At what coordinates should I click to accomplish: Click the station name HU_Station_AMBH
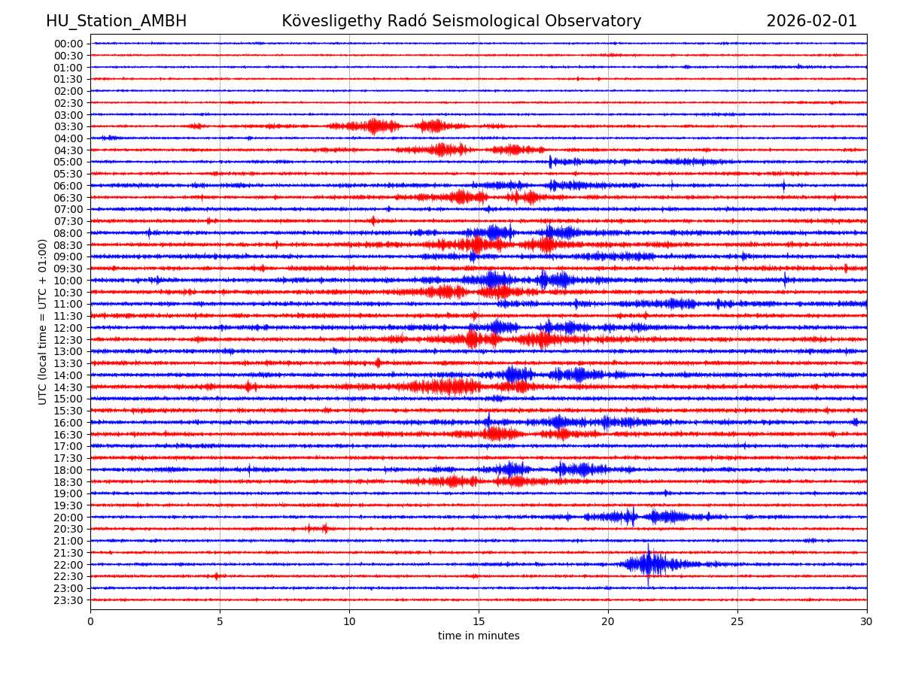click(116, 21)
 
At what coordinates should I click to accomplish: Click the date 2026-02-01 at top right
click(811, 21)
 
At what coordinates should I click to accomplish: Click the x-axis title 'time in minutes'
click(479, 636)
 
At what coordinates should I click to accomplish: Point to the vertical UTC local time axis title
click(43, 321)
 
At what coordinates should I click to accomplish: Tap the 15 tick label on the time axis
click(479, 621)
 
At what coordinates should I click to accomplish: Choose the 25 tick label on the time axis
click(737, 621)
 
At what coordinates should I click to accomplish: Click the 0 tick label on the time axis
click(90, 621)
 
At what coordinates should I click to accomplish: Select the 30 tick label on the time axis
click(867, 621)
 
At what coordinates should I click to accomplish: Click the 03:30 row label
click(68, 126)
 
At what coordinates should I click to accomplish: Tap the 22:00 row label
click(68, 564)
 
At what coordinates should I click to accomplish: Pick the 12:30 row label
click(68, 339)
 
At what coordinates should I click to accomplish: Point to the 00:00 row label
click(68, 44)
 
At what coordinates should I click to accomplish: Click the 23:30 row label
click(68, 600)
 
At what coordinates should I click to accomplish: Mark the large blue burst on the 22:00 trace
click(649, 564)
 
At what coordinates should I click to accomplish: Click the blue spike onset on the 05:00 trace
click(551, 162)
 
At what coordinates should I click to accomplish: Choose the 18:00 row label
click(68, 469)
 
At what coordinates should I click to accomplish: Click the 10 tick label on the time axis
click(349, 621)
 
